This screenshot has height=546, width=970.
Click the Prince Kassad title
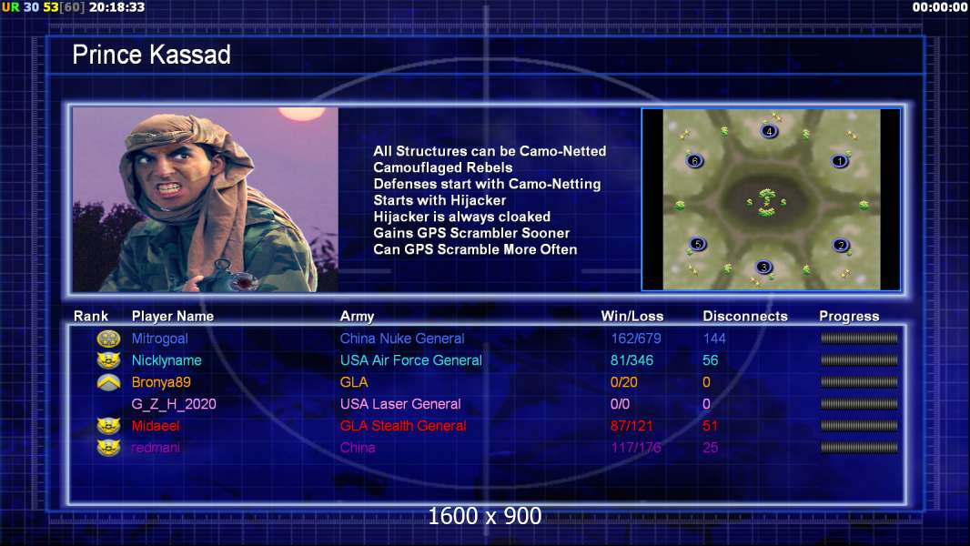[x=152, y=55]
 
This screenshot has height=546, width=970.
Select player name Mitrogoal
[x=159, y=339]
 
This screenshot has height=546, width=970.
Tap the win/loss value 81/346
[x=632, y=360]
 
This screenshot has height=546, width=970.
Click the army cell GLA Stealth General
[x=403, y=426]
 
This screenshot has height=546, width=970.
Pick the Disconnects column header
[x=745, y=317]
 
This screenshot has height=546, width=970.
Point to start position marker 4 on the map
[x=769, y=131]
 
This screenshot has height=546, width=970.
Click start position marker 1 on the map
[x=840, y=161]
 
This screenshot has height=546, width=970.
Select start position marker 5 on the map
[x=697, y=244]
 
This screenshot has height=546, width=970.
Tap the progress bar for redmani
[x=859, y=448]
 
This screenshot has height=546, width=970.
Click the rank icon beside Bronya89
[x=109, y=383]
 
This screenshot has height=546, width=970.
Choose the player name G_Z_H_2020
[x=174, y=404]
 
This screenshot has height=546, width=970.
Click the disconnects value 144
[x=714, y=339]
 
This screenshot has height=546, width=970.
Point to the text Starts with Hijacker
[x=440, y=200]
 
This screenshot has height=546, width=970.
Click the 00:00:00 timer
[x=940, y=7]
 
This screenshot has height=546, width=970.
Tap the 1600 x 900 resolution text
[x=485, y=516]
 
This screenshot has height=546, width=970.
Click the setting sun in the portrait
[x=302, y=114]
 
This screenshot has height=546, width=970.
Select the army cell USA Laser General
[x=400, y=404]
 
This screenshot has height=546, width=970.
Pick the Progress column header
[x=849, y=317]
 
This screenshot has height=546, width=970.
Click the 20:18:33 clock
[x=116, y=7]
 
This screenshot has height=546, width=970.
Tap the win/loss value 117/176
[x=635, y=448]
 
